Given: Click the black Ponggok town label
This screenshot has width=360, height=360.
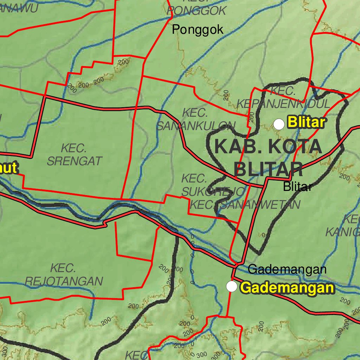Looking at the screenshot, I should pos(197,30).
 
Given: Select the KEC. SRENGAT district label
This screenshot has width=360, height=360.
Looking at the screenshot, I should pos(74,155).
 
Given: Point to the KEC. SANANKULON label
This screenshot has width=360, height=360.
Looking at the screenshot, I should pos(195,120).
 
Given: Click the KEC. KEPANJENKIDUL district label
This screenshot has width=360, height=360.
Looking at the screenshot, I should pos(283,98).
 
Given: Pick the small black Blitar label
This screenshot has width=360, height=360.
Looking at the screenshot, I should pos(297,187).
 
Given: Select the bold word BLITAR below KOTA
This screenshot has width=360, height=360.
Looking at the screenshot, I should pos(268,170).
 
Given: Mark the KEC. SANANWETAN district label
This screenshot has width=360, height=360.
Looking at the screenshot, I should pos(245,205).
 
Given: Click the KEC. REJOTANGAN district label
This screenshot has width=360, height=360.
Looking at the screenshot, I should pos(64,275).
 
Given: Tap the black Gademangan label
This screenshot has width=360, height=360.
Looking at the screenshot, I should pos(287,270).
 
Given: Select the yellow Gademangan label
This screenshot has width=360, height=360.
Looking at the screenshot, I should pos(287,288).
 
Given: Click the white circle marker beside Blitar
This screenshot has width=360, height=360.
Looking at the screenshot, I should pos(279,124).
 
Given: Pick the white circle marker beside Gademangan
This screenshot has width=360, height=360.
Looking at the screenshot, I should pos(231,287).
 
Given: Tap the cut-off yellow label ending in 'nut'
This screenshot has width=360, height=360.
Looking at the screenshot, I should pos(8,168).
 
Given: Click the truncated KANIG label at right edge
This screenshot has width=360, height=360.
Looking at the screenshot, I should pos(343,226).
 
